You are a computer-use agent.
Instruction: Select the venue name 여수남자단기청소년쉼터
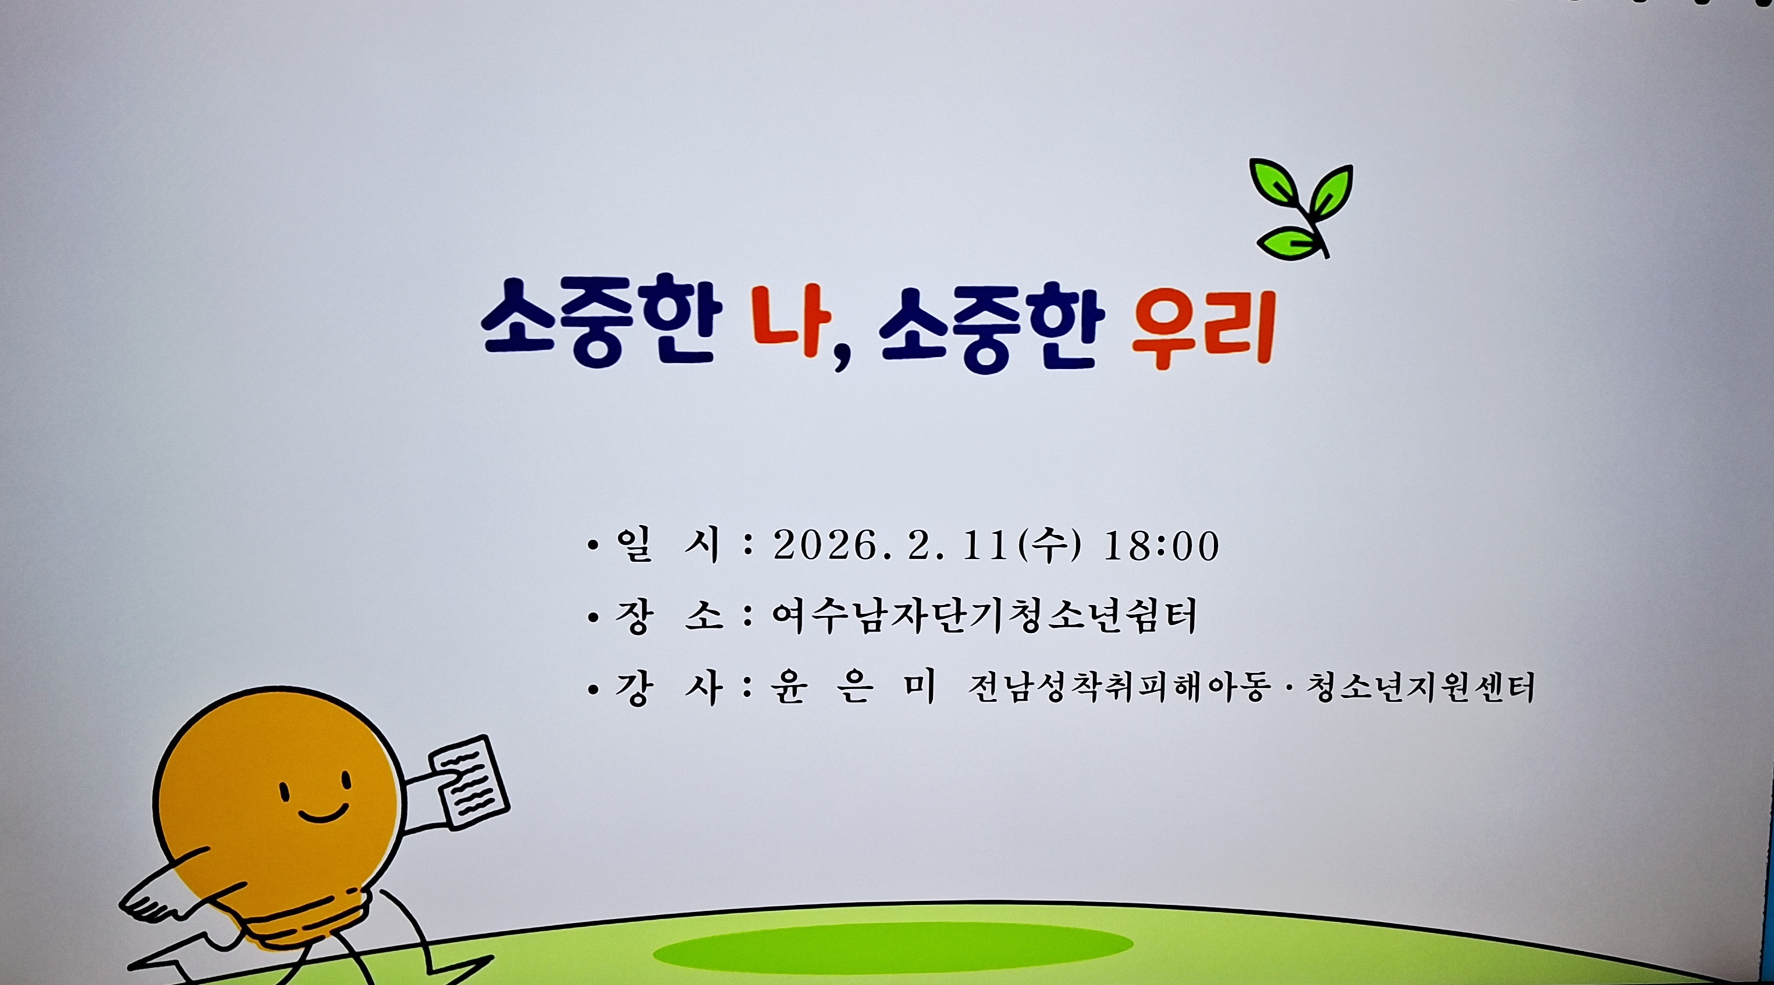tap(984, 616)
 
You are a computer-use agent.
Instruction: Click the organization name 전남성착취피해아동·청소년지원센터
tap(1250, 688)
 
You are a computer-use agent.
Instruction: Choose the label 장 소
tap(668, 616)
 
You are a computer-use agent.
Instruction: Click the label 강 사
tap(668, 688)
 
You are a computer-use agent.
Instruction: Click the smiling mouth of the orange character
tap(323, 813)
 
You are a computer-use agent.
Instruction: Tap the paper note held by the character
tap(469, 782)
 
